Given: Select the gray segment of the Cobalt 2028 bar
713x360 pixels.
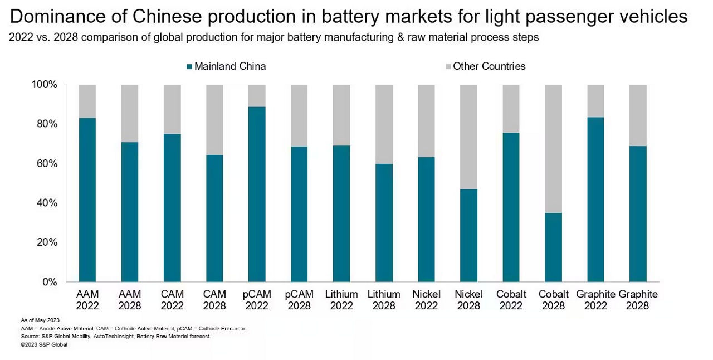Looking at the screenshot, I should pyautogui.click(x=553, y=148).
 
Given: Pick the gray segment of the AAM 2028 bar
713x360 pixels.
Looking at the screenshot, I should pyautogui.click(x=130, y=113).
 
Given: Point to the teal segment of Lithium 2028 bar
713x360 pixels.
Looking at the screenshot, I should pyautogui.click(x=384, y=222).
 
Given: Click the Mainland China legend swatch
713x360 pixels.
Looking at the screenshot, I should pyautogui.click(x=189, y=66).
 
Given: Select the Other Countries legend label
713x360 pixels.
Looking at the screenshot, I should pyautogui.click(x=489, y=66).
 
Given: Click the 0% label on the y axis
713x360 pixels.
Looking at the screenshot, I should pyautogui.click(x=50, y=282).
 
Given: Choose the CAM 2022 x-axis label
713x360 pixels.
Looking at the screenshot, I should pyautogui.click(x=172, y=300).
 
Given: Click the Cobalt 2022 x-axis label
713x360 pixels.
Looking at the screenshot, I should pyautogui.click(x=511, y=300).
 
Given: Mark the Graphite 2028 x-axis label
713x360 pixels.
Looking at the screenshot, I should pyautogui.click(x=638, y=300).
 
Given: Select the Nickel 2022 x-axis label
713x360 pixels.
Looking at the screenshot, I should pyautogui.click(x=426, y=300).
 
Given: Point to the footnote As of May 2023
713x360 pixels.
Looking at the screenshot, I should pyautogui.click(x=40, y=320).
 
